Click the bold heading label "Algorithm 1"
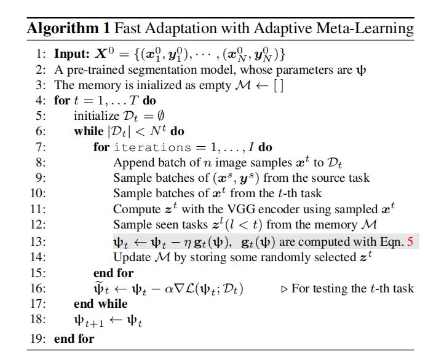63,28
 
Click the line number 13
41,241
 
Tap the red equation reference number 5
410,241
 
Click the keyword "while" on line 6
89,131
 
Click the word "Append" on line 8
132,162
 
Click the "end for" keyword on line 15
113,272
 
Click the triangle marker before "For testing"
284,288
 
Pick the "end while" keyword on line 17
100,303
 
